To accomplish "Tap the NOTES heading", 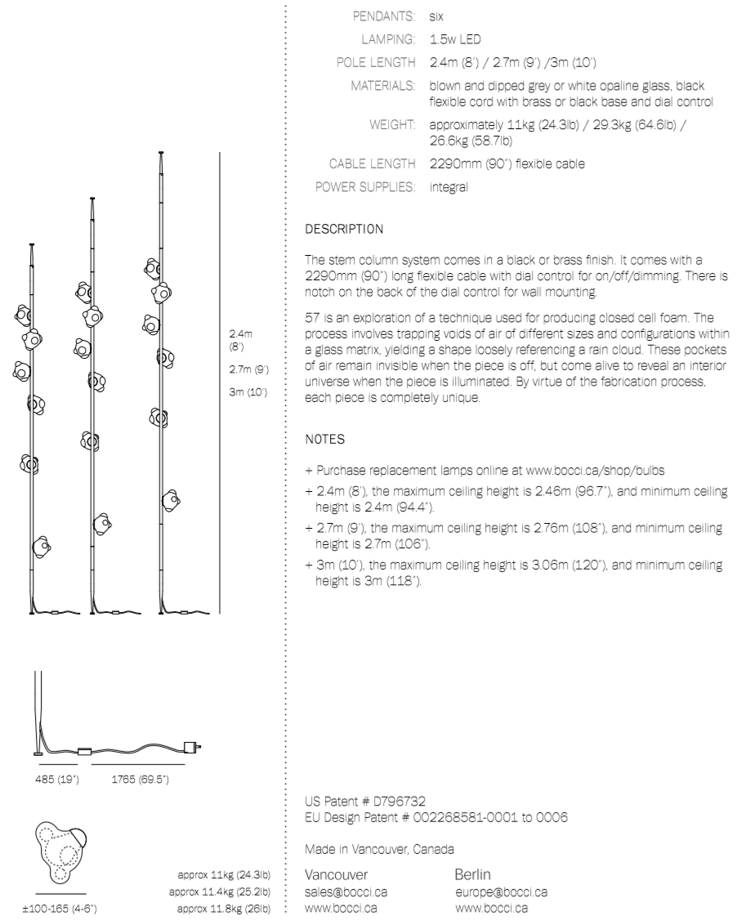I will click(x=324, y=439).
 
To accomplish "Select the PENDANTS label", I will click(x=386, y=16).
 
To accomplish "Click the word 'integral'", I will click(x=449, y=187).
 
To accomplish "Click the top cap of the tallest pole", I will click(x=160, y=154).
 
